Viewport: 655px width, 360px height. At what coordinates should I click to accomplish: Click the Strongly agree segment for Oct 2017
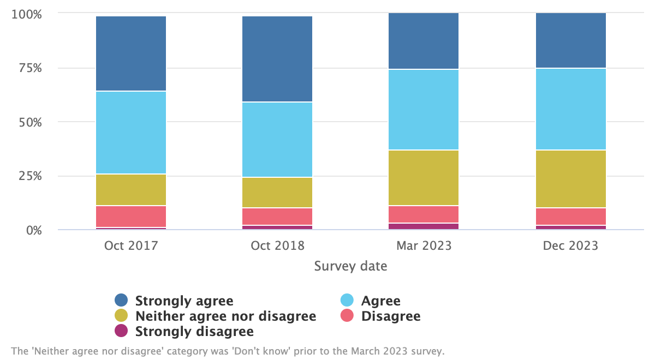click(x=131, y=53)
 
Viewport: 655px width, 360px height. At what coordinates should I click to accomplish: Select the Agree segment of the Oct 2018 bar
click(x=277, y=140)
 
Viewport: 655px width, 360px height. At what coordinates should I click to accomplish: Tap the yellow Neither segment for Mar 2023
click(x=424, y=178)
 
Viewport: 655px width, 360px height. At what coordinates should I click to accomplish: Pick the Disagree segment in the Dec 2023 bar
click(x=571, y=217)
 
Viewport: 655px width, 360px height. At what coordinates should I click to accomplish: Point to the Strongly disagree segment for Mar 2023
click(x=424, y=226)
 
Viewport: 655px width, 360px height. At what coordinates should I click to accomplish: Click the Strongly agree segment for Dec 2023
click(x=571, y=40)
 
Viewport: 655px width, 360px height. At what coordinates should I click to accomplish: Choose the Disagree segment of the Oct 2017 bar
click(x=131, y=217)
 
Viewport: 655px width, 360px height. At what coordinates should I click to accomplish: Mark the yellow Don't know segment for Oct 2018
click(x=277, y=193)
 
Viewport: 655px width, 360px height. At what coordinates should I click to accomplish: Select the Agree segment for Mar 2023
click(x=424, y=110)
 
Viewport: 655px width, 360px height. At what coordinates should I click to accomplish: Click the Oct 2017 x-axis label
click(x=131, y=246)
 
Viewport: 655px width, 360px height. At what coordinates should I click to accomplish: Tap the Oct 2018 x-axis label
click(x=277, y=246)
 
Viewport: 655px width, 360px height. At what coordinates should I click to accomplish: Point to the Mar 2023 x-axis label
click(x=424, y=246)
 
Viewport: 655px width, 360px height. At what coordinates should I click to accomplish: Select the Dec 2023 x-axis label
click(x=571, y=246)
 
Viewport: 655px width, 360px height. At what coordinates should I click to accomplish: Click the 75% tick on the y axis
click(x=27, y=69)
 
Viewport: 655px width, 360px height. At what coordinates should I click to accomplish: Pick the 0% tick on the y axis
click(x=31, y=230)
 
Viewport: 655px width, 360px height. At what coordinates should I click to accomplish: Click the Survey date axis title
click(x=350, y=267)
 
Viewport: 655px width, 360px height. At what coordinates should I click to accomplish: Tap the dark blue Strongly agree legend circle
click(x=121, y=301)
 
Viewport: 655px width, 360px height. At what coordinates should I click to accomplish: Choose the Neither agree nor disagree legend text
click(x=225, y=316)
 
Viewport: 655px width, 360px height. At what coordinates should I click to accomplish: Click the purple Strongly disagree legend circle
click(x=121, y=331)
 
